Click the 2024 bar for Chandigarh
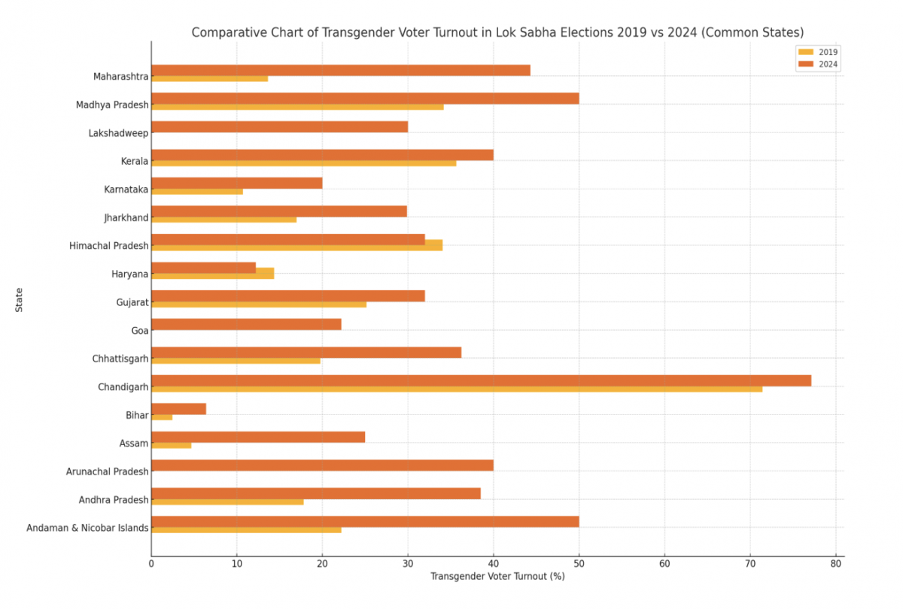click(482, 380)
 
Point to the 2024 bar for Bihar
click(178, 408)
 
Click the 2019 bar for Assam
click(172, 445)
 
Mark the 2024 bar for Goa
click(246, 324)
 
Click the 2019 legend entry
click(817, 52)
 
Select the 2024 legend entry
click(817, 65)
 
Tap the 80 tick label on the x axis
click(835, 563)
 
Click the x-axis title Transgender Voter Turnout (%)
click(497, 577)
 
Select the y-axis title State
click(18, 299)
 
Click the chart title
click(497, 32)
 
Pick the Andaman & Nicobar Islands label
click(87, 528)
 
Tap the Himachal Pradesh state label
click(109, 246)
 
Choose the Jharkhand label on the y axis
click(126, 218)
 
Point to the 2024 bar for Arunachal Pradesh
click(322, 465)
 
